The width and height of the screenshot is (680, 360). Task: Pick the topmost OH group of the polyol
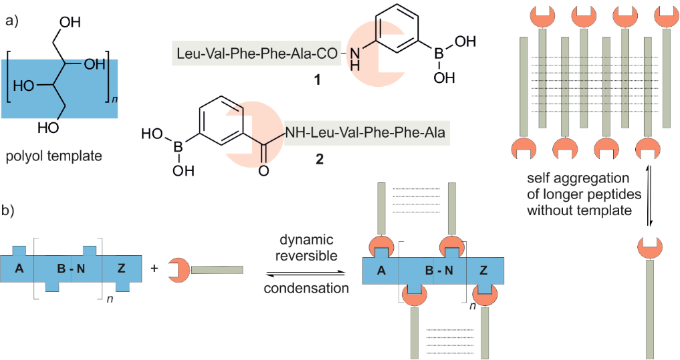pyautogui.click(x=70, y=23)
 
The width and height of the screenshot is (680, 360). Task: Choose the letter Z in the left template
pyautogui.click(x=122, y=269)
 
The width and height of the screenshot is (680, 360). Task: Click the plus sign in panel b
pyautogui.click(x=154, y=268)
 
